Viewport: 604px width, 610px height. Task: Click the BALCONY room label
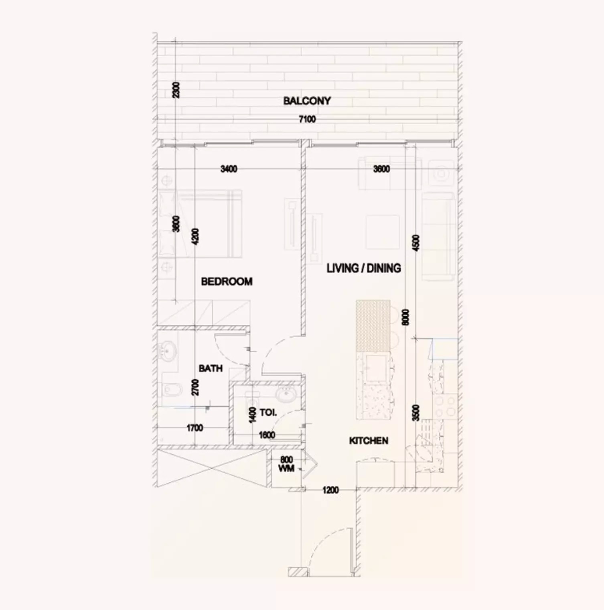pos(307,101)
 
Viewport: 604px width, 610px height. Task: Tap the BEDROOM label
pos(227,282)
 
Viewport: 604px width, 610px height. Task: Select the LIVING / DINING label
pos(363,268)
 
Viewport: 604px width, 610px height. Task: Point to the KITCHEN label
pos(369,441)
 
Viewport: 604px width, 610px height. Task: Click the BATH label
pos(211,368)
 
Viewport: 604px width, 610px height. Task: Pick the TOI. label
pos(268,413)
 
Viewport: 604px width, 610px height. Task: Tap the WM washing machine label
pos(286,468)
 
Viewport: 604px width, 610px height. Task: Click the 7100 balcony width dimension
pos(307,119)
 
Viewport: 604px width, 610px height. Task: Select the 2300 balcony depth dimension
pos(176,90)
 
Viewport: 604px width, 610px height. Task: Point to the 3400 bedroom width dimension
pos(229,169)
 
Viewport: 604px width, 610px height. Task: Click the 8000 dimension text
pos(405,317)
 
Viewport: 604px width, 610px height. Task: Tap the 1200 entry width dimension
pos(330,490)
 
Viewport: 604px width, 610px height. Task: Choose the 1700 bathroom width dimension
pos(195,428)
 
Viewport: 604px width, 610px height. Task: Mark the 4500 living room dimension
pos(416,243)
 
